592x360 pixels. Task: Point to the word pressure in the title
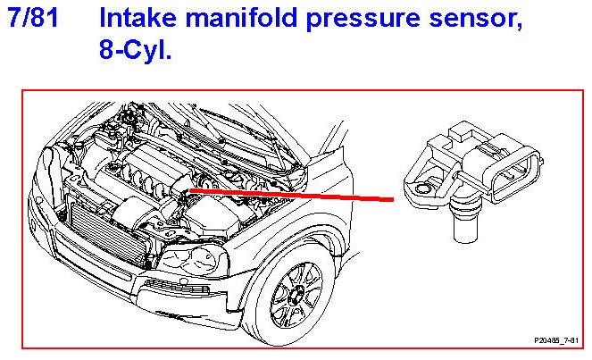click(354, 20)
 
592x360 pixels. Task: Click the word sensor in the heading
click(474, 20)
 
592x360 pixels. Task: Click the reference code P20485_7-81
click(555, 340)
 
